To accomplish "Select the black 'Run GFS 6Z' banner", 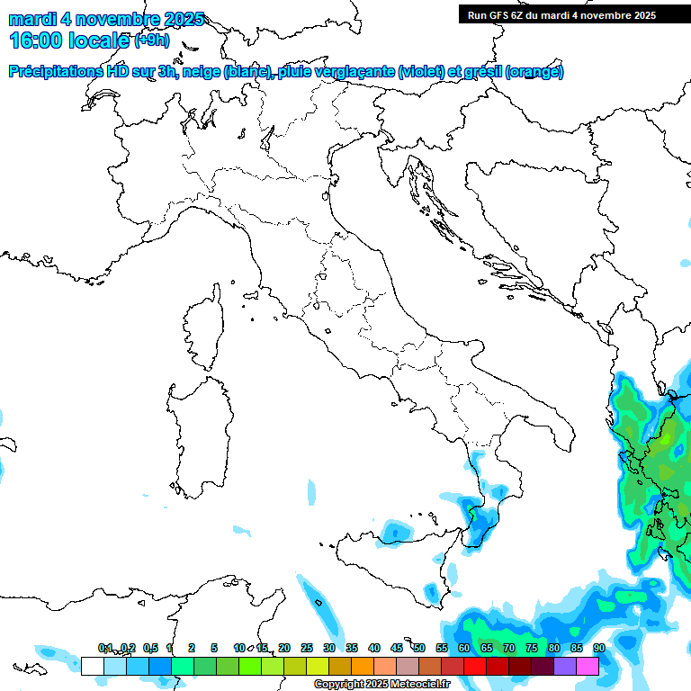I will [574, 15].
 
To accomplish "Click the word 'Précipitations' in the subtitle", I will [58, 72].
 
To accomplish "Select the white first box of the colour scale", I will [92, 666].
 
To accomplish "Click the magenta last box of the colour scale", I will [588, 666].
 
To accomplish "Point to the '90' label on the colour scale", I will [598, 648].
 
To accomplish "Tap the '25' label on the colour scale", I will [307, 648].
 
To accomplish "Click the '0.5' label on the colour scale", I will [150, 648].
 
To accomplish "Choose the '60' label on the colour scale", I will [464, 648].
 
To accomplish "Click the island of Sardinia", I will [202, 432].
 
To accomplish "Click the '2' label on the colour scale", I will [192, 648].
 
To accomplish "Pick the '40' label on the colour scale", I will [374, 648].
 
